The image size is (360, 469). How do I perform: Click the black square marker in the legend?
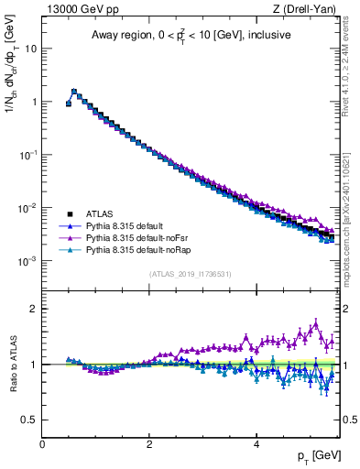tap(69, 213)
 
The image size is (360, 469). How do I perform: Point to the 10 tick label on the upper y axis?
tap(29, 49)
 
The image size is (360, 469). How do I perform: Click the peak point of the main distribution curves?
tap(74, 91)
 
